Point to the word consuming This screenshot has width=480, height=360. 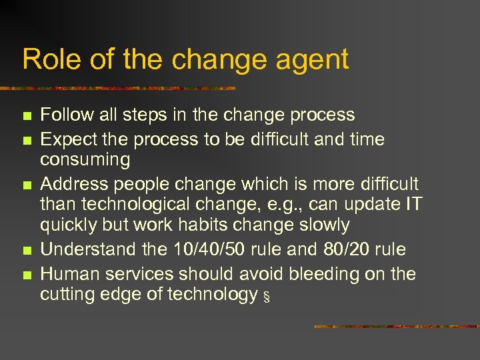(x=85, y=160)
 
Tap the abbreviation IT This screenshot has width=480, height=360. (x=413, y=205)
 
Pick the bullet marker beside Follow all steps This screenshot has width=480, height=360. (x=27, y=116)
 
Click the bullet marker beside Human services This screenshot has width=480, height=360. (x=27, y=275)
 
